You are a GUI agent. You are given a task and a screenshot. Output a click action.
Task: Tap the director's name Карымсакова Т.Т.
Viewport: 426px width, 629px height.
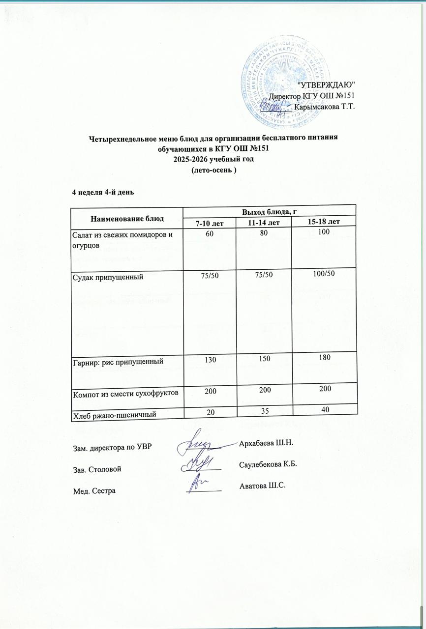324,106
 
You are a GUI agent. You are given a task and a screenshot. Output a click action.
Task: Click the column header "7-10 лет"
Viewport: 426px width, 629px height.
209,223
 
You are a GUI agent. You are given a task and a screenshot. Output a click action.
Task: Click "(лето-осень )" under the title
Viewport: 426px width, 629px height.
213,170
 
